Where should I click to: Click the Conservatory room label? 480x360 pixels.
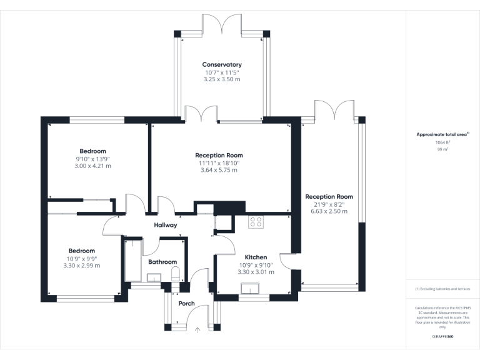222,64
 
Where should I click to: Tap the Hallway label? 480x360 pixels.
165,225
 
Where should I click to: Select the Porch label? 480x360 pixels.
186,303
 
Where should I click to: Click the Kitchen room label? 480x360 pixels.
256,257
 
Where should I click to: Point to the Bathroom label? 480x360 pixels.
162,262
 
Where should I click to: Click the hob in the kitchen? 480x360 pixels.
256,222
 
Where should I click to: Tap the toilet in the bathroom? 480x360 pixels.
176,274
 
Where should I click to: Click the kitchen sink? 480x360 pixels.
250,289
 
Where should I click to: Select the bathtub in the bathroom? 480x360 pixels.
133,261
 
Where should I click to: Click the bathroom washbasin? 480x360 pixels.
154,277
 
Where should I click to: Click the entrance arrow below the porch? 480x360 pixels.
197,330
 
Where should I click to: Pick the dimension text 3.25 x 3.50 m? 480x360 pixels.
222,79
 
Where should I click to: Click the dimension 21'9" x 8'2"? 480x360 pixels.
329,204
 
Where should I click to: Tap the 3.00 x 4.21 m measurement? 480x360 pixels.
92,166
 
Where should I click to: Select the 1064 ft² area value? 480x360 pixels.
442,142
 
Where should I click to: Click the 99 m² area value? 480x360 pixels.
442,149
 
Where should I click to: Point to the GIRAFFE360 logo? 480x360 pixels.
442,336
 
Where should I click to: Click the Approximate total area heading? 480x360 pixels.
442,134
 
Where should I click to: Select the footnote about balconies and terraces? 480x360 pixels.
442,289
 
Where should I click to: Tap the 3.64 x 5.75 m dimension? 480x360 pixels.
219,170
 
